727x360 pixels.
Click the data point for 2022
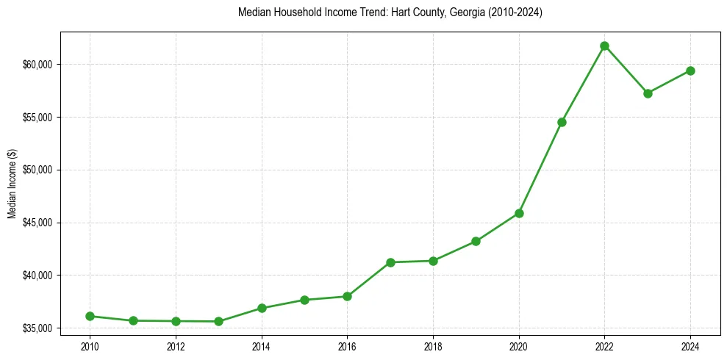coord(604,46)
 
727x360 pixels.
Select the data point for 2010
coord(90,316)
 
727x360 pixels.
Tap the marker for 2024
coord(690,71)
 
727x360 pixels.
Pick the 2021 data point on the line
coord(562,122)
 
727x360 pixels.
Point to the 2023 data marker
coord(648,93)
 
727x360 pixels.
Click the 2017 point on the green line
coord(390,262)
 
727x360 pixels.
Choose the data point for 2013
coord(218,321)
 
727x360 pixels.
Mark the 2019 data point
coord(476,241)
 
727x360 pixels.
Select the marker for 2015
coord(304,300)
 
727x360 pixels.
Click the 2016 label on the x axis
coord(347,345)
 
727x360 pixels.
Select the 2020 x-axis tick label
coord(519,345)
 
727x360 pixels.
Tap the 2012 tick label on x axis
coord(176,345)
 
